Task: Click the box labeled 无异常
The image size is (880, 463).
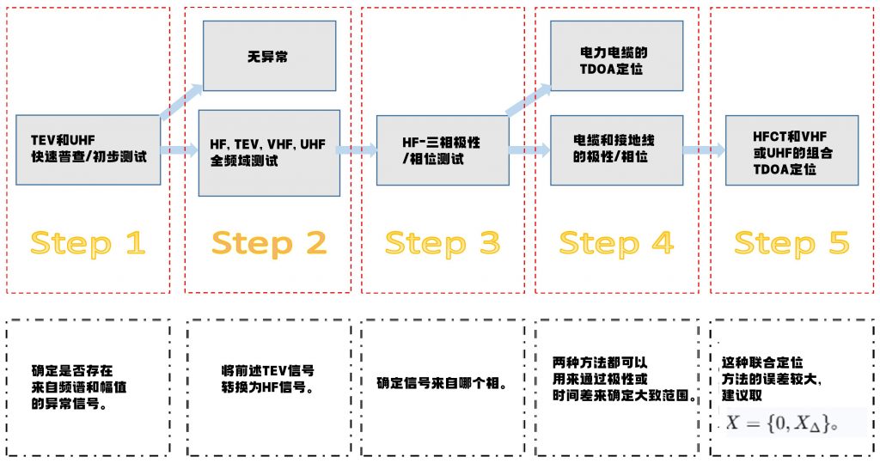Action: (269, 56)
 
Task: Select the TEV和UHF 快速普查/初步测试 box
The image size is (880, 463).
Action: (89, 149)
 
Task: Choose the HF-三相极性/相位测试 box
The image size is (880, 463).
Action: (443, 150)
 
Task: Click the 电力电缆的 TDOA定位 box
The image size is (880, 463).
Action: (617, 56)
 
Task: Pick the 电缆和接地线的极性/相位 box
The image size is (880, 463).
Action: (616, 149)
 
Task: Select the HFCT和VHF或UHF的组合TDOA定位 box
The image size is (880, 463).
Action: (791, 149)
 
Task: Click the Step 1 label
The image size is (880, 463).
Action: (88, 243)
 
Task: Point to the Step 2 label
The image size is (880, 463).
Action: (269, 243)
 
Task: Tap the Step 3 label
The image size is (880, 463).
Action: (442, 243)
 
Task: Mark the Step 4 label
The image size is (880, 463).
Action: (616, 243)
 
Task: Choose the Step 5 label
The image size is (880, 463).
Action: (791, 243)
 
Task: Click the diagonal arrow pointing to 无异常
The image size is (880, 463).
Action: (181, 101)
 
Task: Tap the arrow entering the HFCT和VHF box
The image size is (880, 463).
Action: (704, 150)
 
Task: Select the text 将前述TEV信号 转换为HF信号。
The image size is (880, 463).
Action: (267, 379)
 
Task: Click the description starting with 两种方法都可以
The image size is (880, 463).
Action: (622, 379)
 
